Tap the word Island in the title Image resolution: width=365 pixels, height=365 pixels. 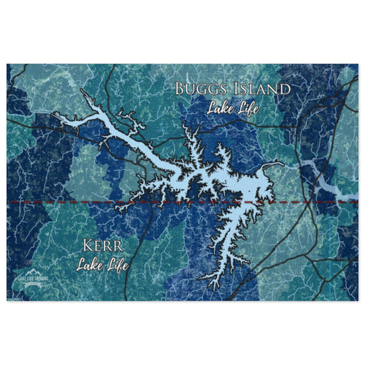pos(261,89)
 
